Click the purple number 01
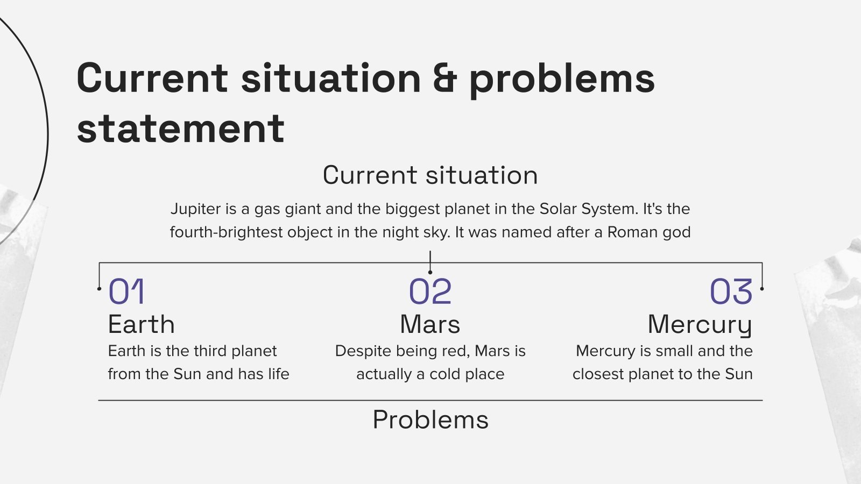pos(126,291)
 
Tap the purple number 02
pos(430,291)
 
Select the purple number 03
pos(731,291)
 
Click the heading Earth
pos(141,324)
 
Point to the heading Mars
pos(430,324)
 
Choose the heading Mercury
pos(700,326)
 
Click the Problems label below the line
pos(430,419)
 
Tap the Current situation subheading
pos(430,175)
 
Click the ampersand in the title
pos(445,79)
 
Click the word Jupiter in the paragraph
pos(196,209)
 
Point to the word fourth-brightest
pos(226,232)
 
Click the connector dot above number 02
pos(430,272)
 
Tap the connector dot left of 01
pos(99,288)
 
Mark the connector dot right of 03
pos(762,288)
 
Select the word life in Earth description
pos(279,374)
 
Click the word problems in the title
pos(562,80)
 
